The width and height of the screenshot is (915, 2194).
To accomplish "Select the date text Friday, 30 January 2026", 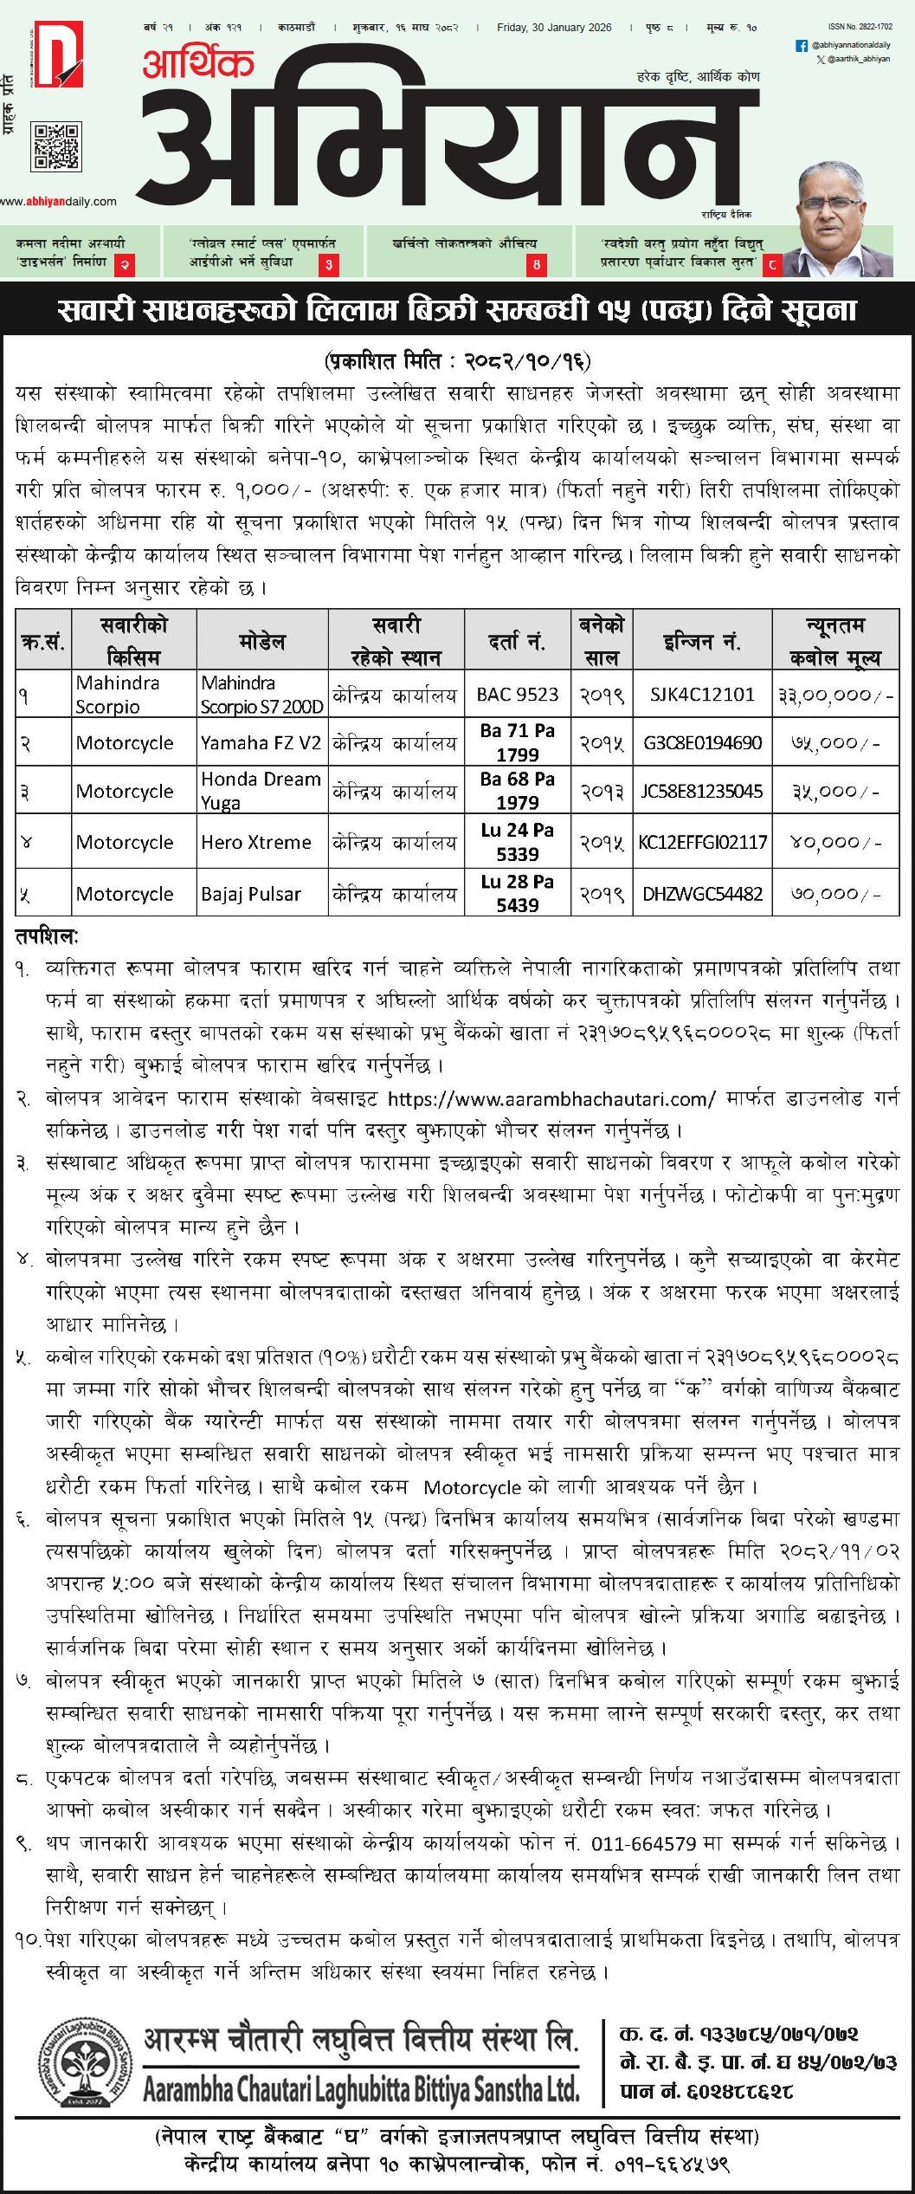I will click(554, 28).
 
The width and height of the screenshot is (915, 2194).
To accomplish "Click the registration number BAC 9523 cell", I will click(518, 694).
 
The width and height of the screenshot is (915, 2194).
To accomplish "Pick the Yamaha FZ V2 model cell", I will click(261, 742).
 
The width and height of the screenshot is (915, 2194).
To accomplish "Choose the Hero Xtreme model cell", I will click(256, 842).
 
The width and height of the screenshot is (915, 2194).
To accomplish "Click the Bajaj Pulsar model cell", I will click(251, 893).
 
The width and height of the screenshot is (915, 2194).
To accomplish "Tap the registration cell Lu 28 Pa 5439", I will click(518, 893).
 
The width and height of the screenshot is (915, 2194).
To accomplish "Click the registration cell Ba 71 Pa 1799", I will click(518, 742).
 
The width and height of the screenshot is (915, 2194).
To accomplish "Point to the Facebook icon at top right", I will click(801, 44).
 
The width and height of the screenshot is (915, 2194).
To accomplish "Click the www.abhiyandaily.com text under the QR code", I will click(58, 202).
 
